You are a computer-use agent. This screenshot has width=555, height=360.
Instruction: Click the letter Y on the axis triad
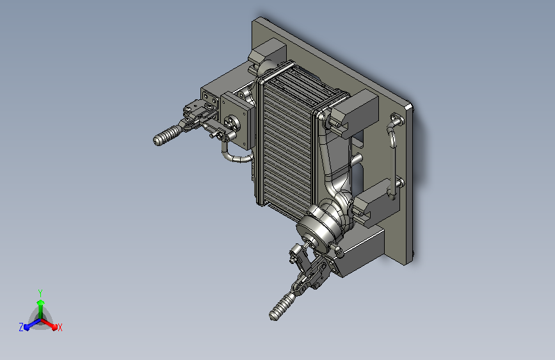(40, 293)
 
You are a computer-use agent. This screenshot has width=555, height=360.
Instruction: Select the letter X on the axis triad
(60, 327)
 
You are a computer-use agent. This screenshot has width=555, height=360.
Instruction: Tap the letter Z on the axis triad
(21, 327)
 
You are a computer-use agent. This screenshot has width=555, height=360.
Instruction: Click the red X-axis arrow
(49, 324)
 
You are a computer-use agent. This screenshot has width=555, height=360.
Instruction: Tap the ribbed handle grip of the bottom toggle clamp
(282, 307)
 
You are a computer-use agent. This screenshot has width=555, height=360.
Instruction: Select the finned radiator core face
(287, 145)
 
